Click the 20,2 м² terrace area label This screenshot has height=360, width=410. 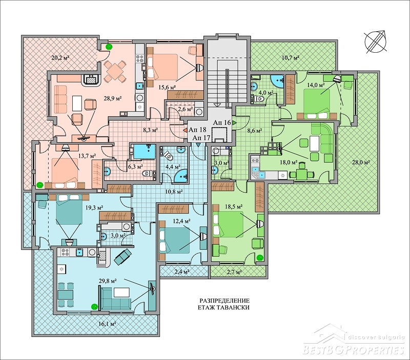click(60, 57)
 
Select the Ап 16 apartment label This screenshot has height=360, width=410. click(222, 122)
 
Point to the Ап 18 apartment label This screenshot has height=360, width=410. click(198, 130)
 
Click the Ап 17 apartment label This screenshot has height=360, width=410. click(201, 138)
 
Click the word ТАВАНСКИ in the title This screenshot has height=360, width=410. click(234, 307)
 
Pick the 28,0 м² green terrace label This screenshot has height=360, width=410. click(361, 162)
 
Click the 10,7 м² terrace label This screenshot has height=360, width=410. click(291, 57)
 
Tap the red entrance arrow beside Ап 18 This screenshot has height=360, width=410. click(184, 130)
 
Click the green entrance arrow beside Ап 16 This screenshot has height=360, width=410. click(235, 122)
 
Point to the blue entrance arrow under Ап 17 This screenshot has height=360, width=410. click(198, 144)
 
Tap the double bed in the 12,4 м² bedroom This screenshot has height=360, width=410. click(174, 240)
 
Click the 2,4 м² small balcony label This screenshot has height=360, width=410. click(181, 272)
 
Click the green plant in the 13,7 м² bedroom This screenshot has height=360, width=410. click(40, 184)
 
